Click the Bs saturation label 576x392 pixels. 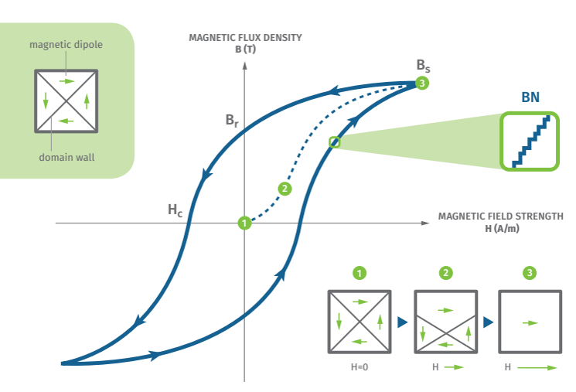click(423, 66)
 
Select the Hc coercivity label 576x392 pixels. click(175, 209)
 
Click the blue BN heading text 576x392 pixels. click(530, 98)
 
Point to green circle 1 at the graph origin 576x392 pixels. click(244, 223)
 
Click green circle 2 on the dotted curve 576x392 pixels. click(285, 188)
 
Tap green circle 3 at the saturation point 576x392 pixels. click(421, 83)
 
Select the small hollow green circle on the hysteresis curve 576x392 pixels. click(334, 141)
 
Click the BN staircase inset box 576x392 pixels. click(530, 140)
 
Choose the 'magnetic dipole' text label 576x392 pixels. click(66, 45)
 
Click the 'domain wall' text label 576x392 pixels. click(66, 158)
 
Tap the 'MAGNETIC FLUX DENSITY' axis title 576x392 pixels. click(245, 37)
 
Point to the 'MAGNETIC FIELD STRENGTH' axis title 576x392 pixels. click(500, 216)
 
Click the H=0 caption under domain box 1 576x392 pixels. click(360, 367)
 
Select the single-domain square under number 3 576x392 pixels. click(530, 322)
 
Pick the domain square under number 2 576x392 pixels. click(445, 322)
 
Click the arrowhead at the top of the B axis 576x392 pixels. click(245, 63)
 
